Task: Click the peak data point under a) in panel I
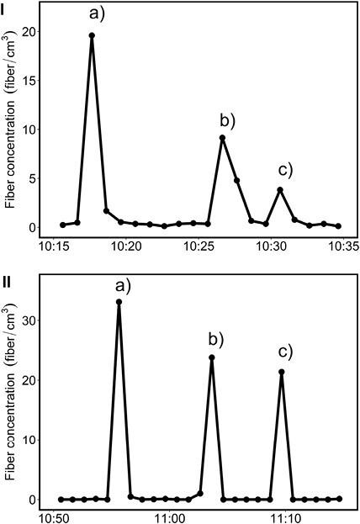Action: coord(92,35)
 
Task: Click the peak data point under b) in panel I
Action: coord(222,138)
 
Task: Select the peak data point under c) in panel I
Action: coord(280,190)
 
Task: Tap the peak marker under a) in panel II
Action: coord(119,302)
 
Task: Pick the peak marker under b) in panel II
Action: coord(212,357)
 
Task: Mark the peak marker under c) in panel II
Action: coord(281,372)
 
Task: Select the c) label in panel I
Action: coord(285,171)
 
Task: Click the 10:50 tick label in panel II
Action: coord(54,515)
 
